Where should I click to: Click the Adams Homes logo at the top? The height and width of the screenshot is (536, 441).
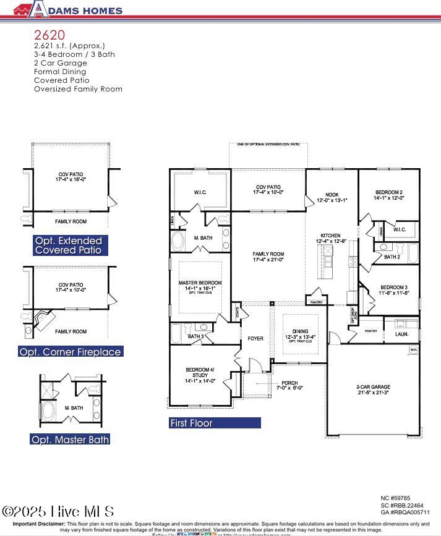pyautogui.click(x=68, y=9)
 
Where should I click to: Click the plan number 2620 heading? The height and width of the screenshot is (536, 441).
pyautogui.click(x=49, y=35)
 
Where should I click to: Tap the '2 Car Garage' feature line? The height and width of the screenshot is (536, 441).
pyautogui.click(x=60, y=63)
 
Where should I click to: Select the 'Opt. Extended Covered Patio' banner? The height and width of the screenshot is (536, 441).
pyautogui.click(x=71, y=245)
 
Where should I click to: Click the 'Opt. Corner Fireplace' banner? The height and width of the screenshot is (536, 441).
pyautogui.click(x=71, y=352)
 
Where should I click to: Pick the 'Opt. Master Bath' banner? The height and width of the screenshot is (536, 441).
pyautogui.click(x=71, y=440)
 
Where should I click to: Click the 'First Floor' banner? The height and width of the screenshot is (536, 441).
pyautogui.click(x=215, y=423)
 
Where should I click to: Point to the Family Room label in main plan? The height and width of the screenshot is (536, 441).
pyautogui.click(x=268, y=257)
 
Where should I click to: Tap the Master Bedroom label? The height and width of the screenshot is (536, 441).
pyautogui.click(x=200, y=286)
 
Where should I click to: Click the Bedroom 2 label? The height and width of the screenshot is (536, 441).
pyautogui.click(x=389, y=195)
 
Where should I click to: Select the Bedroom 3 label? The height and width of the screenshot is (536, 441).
pyautogui.click(x=393, y=290)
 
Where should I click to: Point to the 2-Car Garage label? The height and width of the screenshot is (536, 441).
pyautogui.click(x=373, y=390)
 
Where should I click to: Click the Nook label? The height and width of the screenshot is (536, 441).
pyautogui.click(x=332, y=197)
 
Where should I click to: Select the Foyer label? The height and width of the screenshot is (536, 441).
pyautogui.click(x=255, y=338)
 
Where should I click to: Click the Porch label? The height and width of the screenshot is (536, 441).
pyautogui.click(x=289, y=385)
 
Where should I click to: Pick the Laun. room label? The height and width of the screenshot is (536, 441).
pyautogui.click(x=401, y=334)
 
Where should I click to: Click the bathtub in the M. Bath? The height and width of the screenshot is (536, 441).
pyautogui.click(x=179, y=240)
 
